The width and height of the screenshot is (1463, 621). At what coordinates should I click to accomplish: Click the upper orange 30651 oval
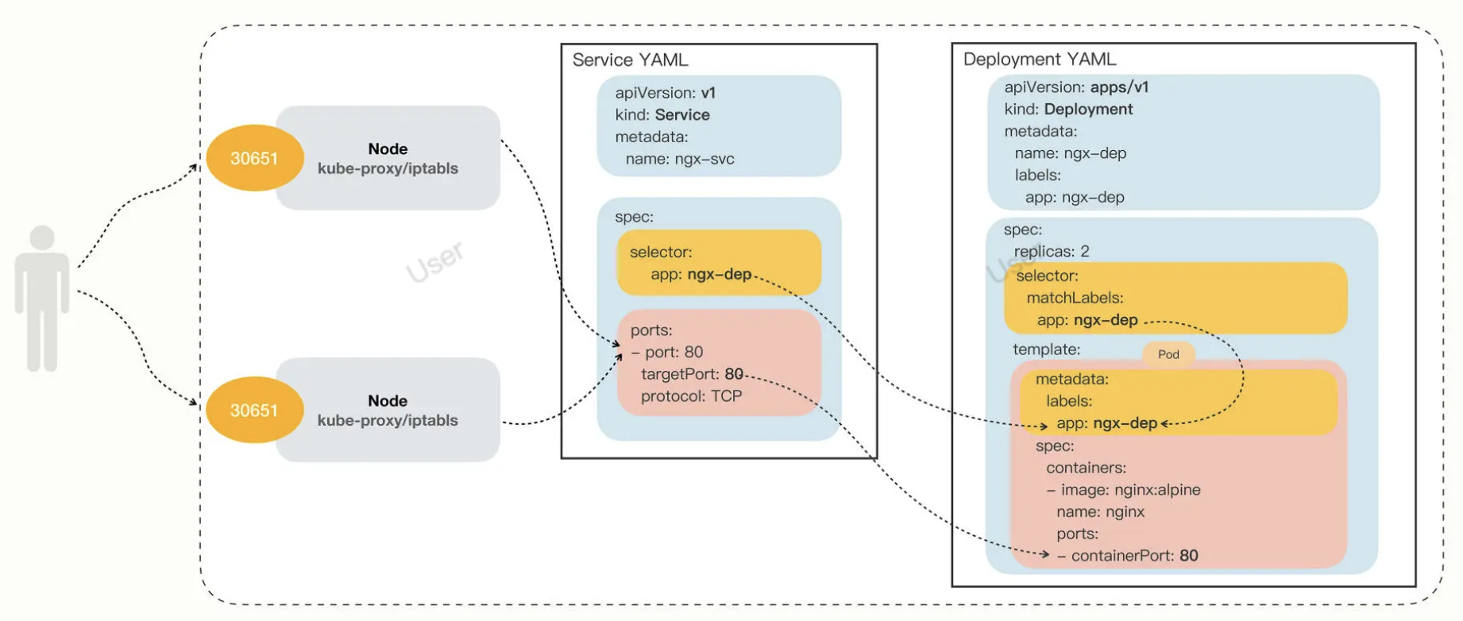(254, 157)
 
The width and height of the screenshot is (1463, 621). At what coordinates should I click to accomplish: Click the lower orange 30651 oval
(254, 410)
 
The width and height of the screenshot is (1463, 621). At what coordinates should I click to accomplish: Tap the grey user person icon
(42, 299)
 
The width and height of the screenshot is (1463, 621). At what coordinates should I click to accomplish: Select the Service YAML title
(630, 60)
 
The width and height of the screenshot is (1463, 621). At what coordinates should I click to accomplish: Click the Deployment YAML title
(1039, 60)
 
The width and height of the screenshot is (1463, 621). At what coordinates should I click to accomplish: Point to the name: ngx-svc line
(680, 159)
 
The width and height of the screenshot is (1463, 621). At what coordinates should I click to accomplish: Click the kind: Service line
(662, 114)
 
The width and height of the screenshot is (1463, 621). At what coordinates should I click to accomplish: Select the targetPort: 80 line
(692, 374)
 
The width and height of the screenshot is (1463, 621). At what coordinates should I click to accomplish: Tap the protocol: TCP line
(691, 396)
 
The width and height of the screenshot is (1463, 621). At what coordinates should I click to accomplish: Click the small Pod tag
(1168, 354)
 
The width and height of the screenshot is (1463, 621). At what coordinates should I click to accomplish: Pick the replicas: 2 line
(1052, 252)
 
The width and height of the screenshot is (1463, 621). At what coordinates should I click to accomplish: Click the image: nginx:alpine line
(1124, 490)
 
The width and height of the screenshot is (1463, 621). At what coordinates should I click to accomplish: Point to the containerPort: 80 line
(1128, 556)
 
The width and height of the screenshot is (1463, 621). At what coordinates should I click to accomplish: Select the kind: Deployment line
(1068, 109)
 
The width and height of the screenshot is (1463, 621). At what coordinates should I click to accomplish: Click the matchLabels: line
(1075, 298)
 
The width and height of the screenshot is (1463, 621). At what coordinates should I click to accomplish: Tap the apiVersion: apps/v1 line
(1076, 87)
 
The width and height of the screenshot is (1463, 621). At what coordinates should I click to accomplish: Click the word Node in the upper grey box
(388, 148)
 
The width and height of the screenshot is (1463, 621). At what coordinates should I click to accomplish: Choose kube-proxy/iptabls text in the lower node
(388, 420)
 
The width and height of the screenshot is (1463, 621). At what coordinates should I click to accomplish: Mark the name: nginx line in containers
(1100, 512)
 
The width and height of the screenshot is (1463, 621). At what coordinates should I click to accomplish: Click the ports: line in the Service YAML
(651, 330)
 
